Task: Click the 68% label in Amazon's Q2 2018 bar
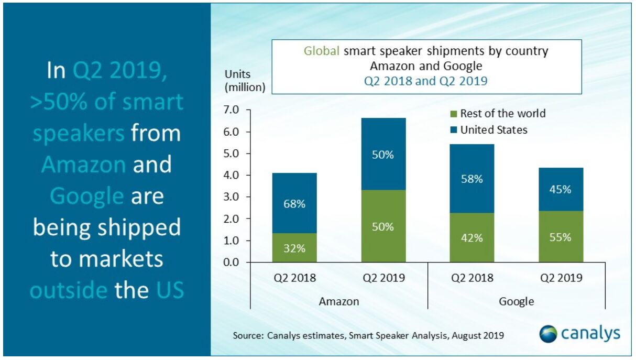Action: click(294, 204)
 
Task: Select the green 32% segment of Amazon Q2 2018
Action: click(294, 248)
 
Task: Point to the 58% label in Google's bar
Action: click(472, 179)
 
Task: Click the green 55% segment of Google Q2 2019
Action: click(561, 236)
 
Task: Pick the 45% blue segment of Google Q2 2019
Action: click(561, 189)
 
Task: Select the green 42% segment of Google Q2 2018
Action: click(472, 237)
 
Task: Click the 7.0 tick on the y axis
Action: click(231, 110)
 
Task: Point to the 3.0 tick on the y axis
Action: click(231, 197)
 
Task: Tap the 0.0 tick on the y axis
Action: click(231, 262)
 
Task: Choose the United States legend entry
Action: click(493, 129)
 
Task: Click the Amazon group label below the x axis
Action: click(339, 301)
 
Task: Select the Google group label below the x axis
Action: click(517, 301)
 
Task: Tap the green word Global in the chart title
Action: click(321, 51)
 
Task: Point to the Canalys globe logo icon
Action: click(548, 334)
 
